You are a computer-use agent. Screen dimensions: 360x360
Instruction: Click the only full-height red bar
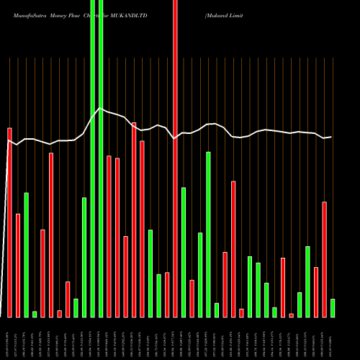[175, 158]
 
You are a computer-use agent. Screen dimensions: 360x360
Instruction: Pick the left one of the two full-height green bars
[92, 158]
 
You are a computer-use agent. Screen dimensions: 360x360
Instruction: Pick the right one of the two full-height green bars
[101, 158]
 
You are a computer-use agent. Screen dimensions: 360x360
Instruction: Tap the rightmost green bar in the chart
[333, 307]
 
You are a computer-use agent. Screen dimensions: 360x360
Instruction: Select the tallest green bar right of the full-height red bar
[208, 234]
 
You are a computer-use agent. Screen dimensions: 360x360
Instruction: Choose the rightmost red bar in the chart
[324, 259]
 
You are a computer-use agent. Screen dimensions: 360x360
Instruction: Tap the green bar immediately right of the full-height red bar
[184, 252]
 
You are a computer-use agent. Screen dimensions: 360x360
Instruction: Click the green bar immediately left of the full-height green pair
[84, 257]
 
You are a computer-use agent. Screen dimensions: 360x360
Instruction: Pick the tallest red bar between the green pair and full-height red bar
[134, 220]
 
